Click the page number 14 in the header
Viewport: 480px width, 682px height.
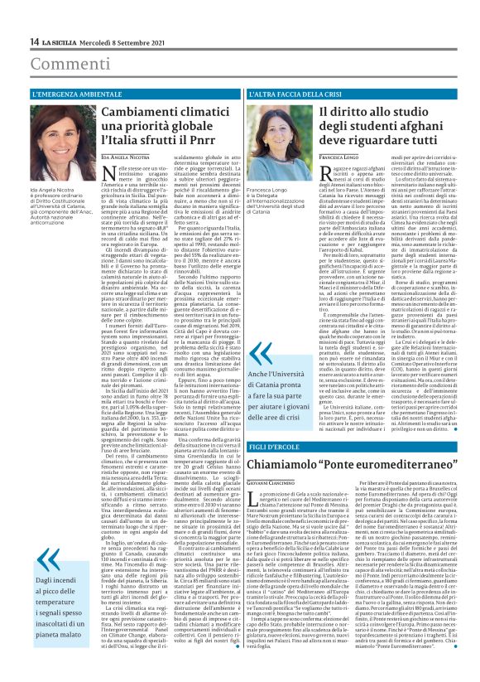click(35, 42)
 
